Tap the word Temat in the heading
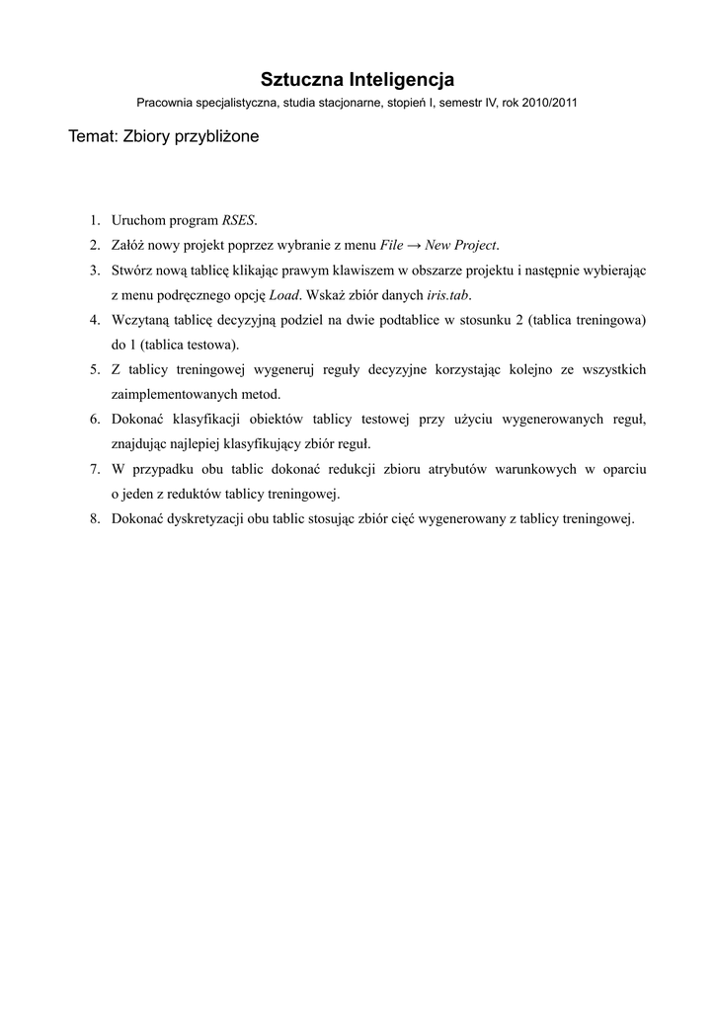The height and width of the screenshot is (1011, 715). (93, 137)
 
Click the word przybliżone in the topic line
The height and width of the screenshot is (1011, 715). (216, 137)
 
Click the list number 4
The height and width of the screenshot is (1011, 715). (94, 320)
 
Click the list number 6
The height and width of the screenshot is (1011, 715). (94, 419)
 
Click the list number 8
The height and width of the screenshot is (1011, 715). (94, 518)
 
